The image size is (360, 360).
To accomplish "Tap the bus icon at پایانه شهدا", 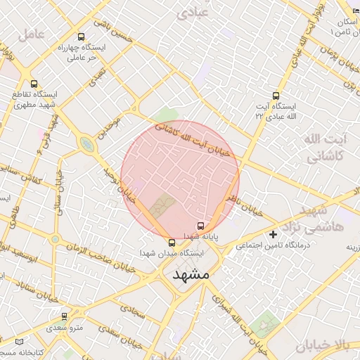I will pos(201,226).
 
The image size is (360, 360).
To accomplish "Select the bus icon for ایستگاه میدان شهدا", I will pos(173,242).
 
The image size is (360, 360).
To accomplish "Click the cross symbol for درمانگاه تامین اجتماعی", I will pos(274,233).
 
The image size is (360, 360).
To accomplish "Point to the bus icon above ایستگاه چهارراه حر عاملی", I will pos(81,37).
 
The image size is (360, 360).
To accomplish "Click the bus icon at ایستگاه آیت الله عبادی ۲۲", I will pos(275,96).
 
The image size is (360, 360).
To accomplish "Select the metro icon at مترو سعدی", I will pos(65,317).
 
